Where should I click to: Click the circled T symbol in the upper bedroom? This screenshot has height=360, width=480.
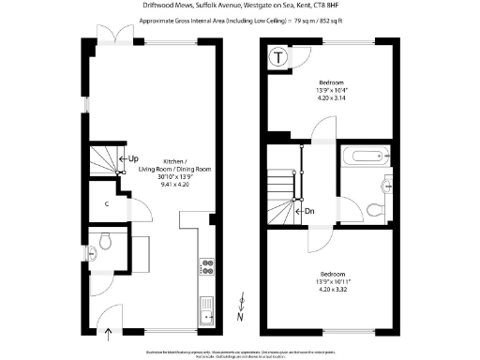278,57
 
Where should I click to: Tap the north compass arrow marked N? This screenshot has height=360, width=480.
242,305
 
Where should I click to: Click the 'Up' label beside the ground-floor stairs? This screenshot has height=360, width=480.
133,158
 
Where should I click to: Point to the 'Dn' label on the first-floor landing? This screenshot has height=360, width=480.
307,211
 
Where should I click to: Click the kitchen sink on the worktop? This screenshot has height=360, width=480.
206,305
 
